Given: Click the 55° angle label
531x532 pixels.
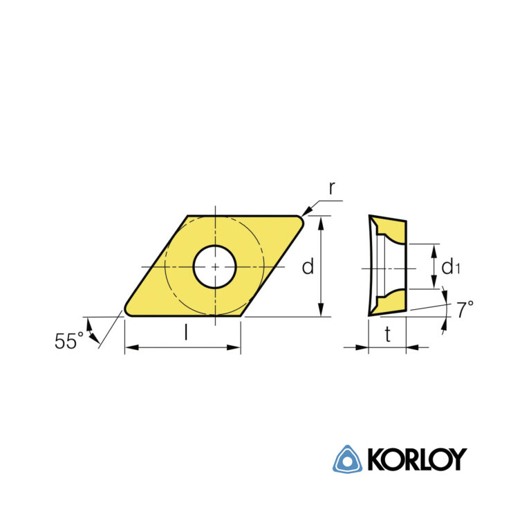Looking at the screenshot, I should (x=69, y=340).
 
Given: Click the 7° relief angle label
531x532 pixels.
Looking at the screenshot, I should (x=465, y=310).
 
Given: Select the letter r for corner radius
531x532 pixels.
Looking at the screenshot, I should (x=332, y=187).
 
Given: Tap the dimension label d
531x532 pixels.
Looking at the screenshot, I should (x=308, y=266).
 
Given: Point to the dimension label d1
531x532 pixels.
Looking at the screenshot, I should (x=450, y=266).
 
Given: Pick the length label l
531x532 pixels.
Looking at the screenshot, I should (x=185, y=333).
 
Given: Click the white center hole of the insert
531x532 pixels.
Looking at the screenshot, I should (x=214, y=266).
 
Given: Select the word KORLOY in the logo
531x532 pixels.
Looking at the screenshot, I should (x=416, y=459).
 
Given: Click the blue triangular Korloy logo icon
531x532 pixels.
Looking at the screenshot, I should (x=348, y=459).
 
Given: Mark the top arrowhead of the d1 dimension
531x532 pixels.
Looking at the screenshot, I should (x=434, y=249).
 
